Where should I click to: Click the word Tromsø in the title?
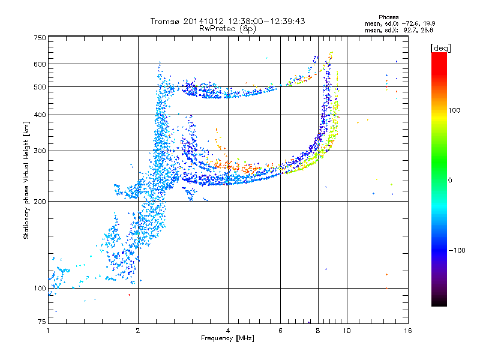pyautogui.click(x=164, y=21)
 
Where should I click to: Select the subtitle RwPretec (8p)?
pyautogui.click(x=228, y=28)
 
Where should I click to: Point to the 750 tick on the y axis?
pyautogui.click(x=40, y=38)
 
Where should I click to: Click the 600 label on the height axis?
pyautogui.click(x=40, y=64)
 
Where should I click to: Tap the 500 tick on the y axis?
pyautogui.click(x=40, y=87)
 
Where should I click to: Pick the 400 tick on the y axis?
pyautogui.click(x=40, y=115)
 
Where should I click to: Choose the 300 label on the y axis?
pyautogui.click(x=40, y=151)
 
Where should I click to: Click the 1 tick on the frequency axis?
pyautogui.click(x=48, y=330)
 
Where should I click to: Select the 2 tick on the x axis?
pyautogui.click(x=138, y=330)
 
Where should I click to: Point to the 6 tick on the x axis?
pyautogui.click(x=280, y=330)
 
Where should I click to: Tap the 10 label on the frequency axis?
pyautogui.click(x=346, y=330)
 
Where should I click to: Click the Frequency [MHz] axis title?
pyautogui.click(x=227, y=338)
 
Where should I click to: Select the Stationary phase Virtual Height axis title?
pyautogui.click(x=26, y=180)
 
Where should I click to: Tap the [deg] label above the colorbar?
pyautogui.click(x=441, y=47)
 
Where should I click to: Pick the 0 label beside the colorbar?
pyautogui.click(x=450, y=180)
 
